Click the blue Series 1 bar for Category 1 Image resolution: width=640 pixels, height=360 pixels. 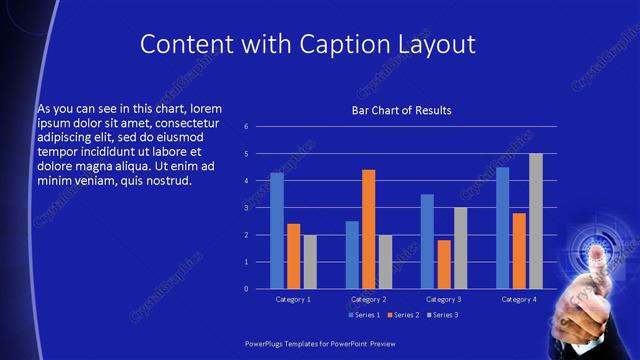click(x=277, y=230)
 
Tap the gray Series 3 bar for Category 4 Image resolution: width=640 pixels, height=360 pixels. click(x=536, y=221)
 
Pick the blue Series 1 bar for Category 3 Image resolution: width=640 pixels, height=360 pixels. click(x=427, y=241)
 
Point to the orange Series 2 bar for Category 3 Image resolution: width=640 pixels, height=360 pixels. click(x=444, y=264)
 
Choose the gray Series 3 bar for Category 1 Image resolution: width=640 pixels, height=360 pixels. click(x=310, y=261)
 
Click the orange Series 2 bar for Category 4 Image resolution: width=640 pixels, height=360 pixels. click(x=519, y=250)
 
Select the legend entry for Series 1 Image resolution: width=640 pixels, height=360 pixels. click(x=364, y=315)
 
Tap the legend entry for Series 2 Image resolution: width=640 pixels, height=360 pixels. click(x=402, y=315)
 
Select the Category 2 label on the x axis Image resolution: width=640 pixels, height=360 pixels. click(x=369, y=299)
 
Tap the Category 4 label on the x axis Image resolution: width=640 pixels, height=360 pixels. click(x=519, y=299)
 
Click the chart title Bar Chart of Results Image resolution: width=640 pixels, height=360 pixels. click(x=401, y=110)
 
